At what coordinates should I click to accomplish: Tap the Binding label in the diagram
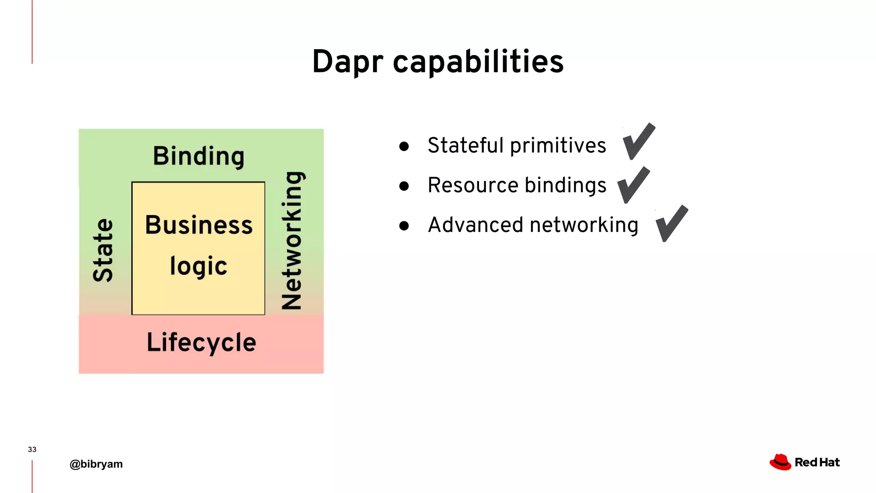coord(199,156)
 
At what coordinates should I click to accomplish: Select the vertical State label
coord(103,250)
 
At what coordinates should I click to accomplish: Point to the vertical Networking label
coord(292,240)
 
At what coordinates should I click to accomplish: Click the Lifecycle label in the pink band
coord(201,342)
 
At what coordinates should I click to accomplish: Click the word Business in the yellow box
coord(199,225)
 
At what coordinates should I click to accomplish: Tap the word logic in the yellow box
coord(198,266)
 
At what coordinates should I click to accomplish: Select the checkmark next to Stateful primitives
coord(639,141)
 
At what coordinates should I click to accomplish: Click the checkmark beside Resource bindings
coord(633,185)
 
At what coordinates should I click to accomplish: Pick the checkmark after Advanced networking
coord(672,223)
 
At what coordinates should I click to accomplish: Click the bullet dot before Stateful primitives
coord(404,146)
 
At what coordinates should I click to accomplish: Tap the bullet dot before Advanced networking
coord(404,226)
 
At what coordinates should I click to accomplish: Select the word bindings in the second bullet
coord(565,186)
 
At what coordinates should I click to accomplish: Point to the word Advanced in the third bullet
coord(475,225)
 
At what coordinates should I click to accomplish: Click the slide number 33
coord(32,449)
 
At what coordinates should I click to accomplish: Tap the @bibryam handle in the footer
coord(96,464)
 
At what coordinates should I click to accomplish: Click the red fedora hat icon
coord(780,462)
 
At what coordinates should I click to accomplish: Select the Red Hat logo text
coord(817,463)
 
